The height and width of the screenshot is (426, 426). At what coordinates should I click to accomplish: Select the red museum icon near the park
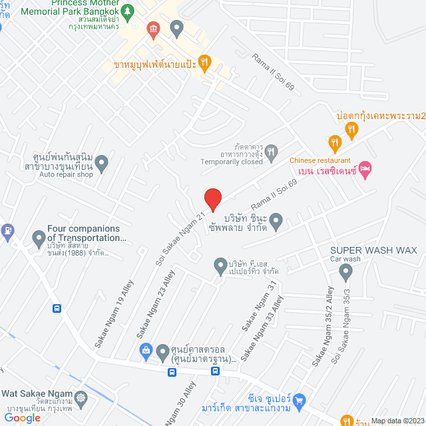pos(154,29)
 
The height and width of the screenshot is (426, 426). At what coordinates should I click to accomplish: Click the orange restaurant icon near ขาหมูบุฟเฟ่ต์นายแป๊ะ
pos(204,63)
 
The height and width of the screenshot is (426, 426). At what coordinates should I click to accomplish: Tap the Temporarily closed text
pos(232,162)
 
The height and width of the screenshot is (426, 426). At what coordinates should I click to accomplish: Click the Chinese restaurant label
pos(319,160)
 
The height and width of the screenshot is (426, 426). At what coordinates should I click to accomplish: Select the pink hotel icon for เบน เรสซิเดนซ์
pos(365,171)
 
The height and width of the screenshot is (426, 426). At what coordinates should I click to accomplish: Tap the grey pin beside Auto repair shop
pos(102,161)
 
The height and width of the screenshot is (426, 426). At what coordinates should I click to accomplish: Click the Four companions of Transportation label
pos(84,233)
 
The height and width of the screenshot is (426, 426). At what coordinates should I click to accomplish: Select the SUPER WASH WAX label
pos(373,250)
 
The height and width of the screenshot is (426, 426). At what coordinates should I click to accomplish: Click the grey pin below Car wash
pos(345,271)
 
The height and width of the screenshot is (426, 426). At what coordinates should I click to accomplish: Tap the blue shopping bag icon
pos(146,350)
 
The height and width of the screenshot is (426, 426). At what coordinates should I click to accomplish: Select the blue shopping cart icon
pos(299,400)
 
